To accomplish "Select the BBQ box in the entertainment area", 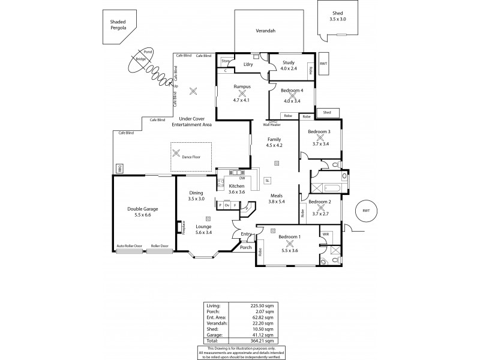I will tap(119, 168).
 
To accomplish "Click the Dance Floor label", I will tap(191, 157).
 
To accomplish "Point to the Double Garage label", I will tap(143, 209).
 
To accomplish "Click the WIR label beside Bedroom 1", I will tap(326, 233).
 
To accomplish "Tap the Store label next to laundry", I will tap(225, 61).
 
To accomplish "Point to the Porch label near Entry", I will tap(245, 247).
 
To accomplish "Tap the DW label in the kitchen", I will tap(241, 178).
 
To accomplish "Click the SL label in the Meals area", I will tap(267, 180).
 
